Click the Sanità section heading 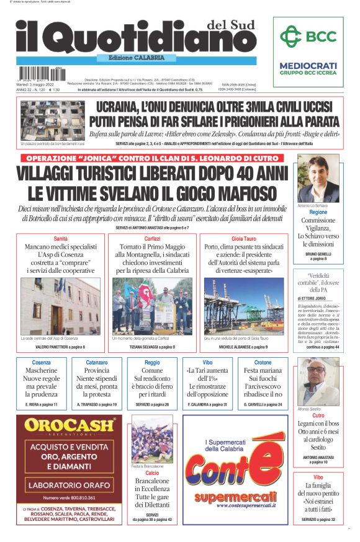click(x=61, y=239)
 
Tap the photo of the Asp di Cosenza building click(x=60, y=306)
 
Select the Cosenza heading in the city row click(x=42, y=362)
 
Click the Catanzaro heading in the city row click(x=97, y=362)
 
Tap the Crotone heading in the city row click(x=263, y=362)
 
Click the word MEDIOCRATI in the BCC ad click(x=308, y=66)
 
